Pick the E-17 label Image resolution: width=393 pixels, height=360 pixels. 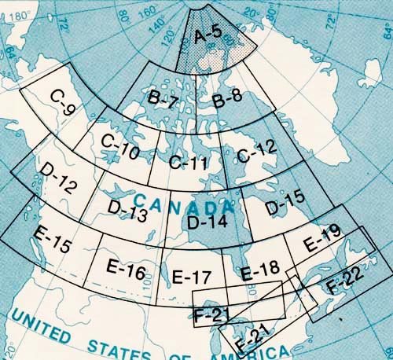pyautogui.click(x=191, y=277)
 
